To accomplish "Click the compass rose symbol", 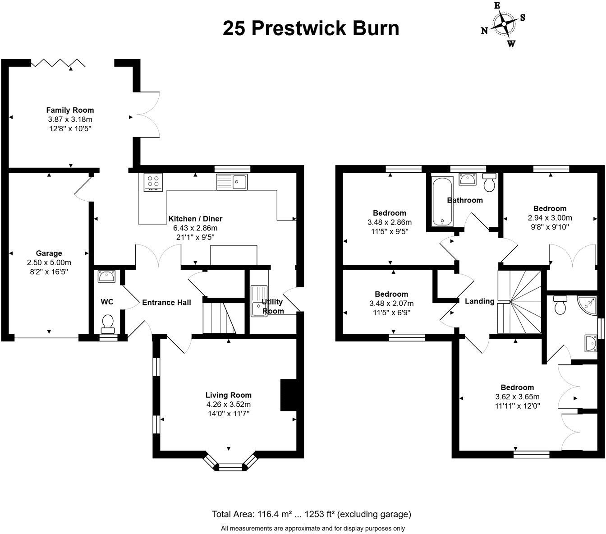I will [x=504, y=24].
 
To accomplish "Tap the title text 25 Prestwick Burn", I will [x=311, y=28].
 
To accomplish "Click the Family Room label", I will [x=70, y=110].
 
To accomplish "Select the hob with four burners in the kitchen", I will [x=153, y=182].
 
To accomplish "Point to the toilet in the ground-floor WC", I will [x=108, y=322].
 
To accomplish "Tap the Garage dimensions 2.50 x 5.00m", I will [x=49, y=262].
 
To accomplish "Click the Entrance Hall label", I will [x=166, y=302].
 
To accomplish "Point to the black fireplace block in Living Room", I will [x=289, y=395].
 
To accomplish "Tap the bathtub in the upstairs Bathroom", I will [x=442, y=202].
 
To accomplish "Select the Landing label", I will [x=479, y=301].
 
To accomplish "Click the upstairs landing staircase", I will [x=519, y=301].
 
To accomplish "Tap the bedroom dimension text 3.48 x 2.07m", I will [x=391, y=303].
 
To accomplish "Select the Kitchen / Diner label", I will [x=195, y=219].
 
